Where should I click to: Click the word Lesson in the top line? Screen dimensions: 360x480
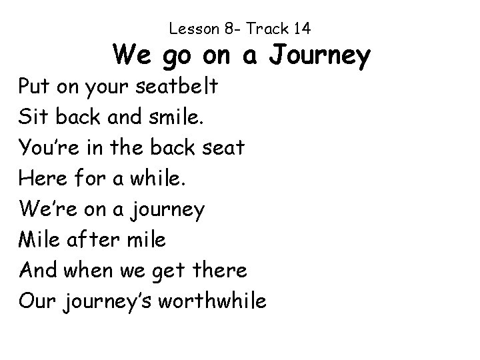click(x=191, y=29)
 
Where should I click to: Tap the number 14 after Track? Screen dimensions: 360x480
click(x=301, y=29)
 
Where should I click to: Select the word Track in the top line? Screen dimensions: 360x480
click(x=267, y=29)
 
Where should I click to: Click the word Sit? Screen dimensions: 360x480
click(x=33, y=119)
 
